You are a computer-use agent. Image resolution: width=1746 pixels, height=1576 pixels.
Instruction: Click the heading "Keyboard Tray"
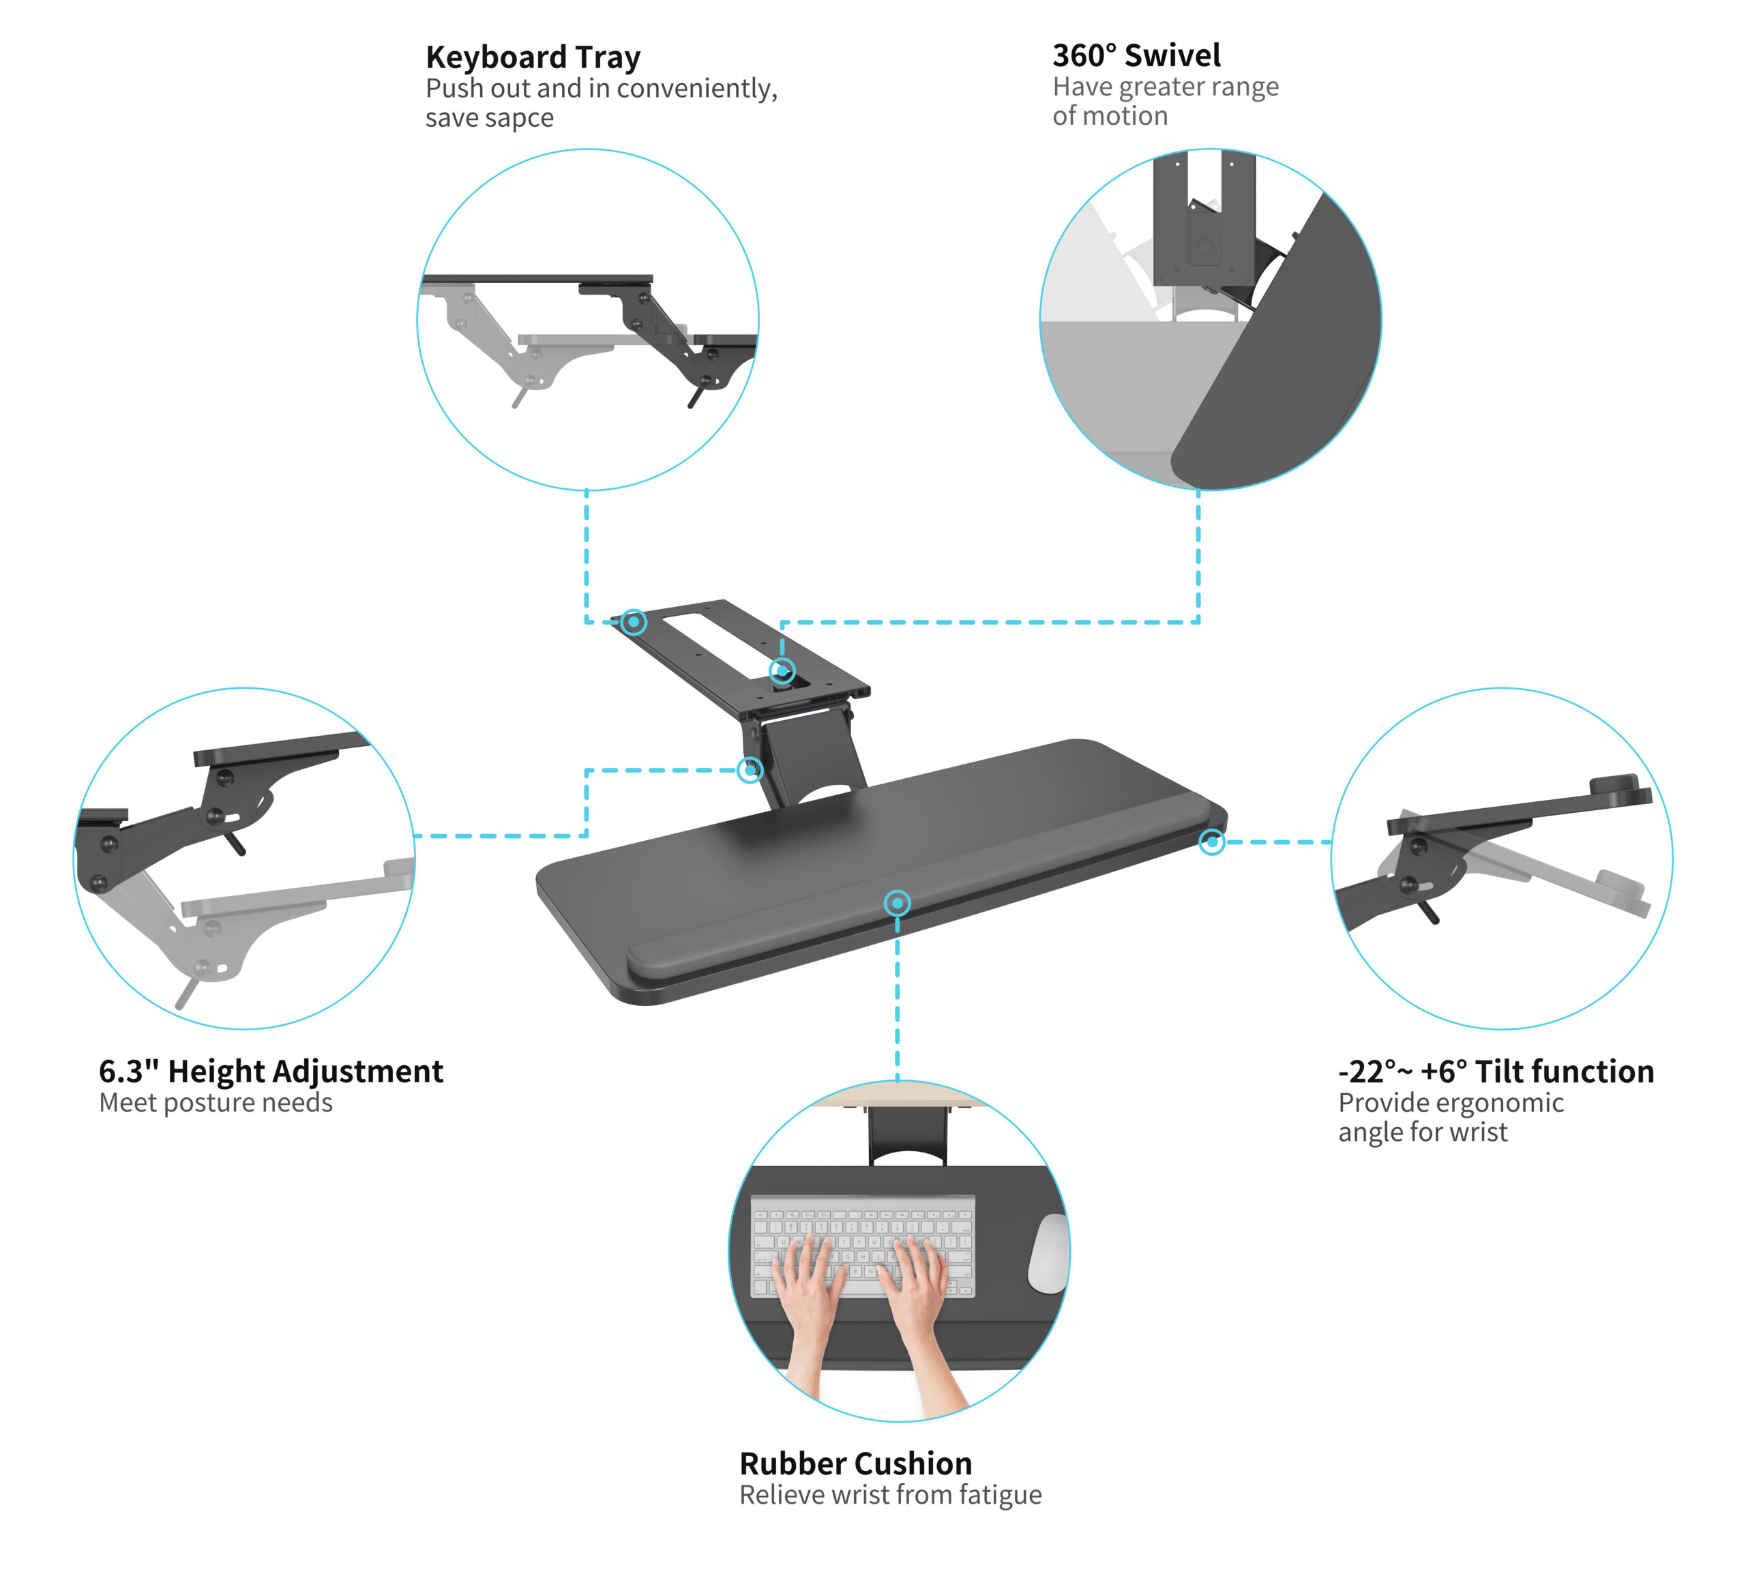coord(533,58)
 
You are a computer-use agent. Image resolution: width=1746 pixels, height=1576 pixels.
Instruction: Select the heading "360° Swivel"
coord(1136,55)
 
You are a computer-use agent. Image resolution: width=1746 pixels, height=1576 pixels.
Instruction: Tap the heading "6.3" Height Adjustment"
coord(271,1072)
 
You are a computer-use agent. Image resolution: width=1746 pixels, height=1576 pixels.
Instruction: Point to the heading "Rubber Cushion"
coord(856,1464)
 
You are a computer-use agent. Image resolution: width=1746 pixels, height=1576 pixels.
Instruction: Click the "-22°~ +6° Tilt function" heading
coord(1496,1072)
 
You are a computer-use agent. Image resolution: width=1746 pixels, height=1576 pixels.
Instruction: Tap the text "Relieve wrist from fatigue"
coord(890,1496)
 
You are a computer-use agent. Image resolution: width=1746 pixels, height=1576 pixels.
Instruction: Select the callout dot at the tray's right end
coord(1212,842)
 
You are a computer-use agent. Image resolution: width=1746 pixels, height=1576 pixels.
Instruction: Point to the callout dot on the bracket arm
coord(750,770)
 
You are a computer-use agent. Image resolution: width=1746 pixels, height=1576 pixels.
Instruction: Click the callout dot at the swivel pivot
coord(782,670)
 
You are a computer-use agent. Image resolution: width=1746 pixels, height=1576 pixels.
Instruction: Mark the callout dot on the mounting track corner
coord(634,622)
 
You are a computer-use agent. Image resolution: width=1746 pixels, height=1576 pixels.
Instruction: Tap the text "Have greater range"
coord(1166,87)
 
